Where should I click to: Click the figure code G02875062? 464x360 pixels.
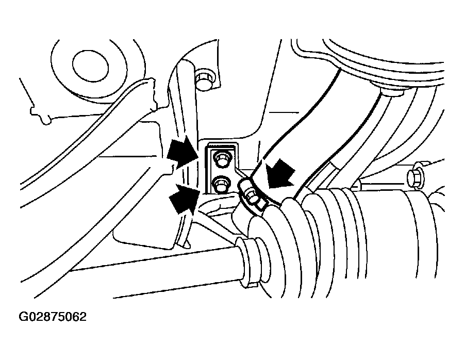click(x=53, y=317)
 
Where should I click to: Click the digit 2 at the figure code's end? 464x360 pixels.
click(x=82, y=317)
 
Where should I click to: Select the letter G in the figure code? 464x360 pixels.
click(x=23, y=317)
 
